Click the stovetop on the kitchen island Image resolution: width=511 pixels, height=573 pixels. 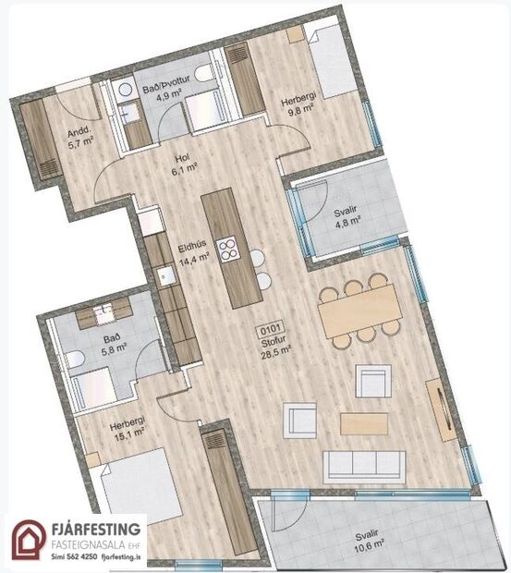(228, 249)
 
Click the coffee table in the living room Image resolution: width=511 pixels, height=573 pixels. (364, 422)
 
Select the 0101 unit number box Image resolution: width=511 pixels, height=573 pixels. (271, 327)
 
